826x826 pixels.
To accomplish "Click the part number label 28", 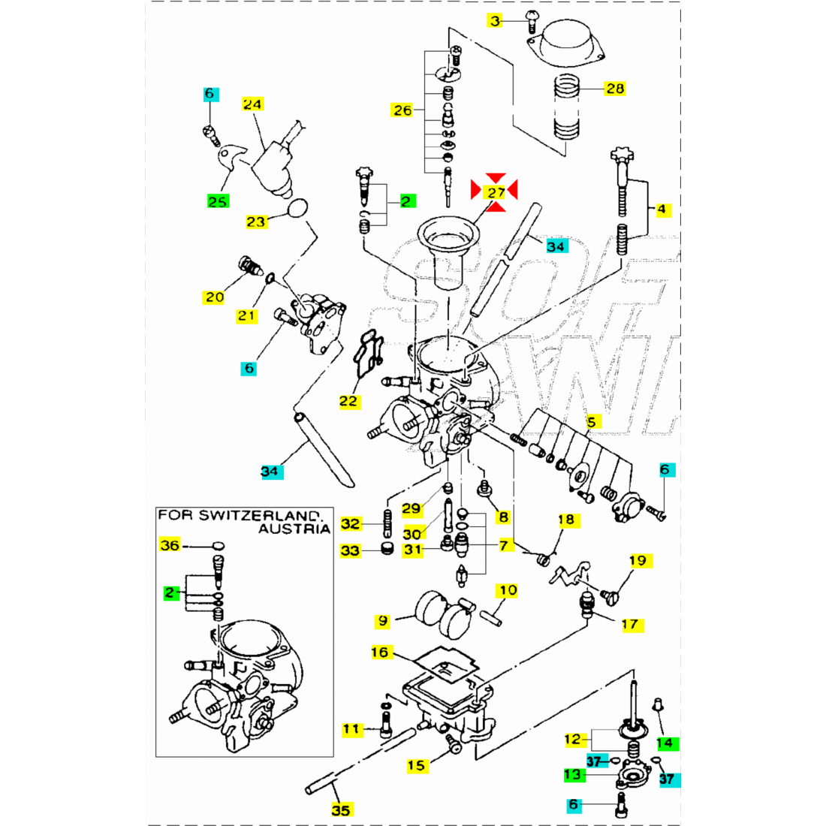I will (x=615, y=89).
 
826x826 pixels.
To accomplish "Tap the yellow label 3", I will (x=495, y=21).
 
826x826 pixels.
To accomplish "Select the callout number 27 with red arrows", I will (x=495, y=191).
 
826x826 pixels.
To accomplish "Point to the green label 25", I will (x=218, y=201).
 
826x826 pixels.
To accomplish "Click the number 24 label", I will (x=252, y=104).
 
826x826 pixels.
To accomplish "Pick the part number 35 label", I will (x=341, y=809).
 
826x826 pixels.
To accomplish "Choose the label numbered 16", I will (x=380, y=652).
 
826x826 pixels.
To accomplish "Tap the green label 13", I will (x=574, y=774).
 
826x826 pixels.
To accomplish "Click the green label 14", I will (x=665, y=743).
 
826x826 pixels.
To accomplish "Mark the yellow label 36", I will (x=170, y=545).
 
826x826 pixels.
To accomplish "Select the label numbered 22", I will (x=348, y=401).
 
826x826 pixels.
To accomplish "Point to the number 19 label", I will (x=638, y=560).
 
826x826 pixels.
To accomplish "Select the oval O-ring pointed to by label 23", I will (x=298, y=207).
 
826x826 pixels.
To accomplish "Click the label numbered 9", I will (x=383, y=621).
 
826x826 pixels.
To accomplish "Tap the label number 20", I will (x=215, y=297).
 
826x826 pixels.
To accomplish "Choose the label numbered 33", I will (x=350, y=550).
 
